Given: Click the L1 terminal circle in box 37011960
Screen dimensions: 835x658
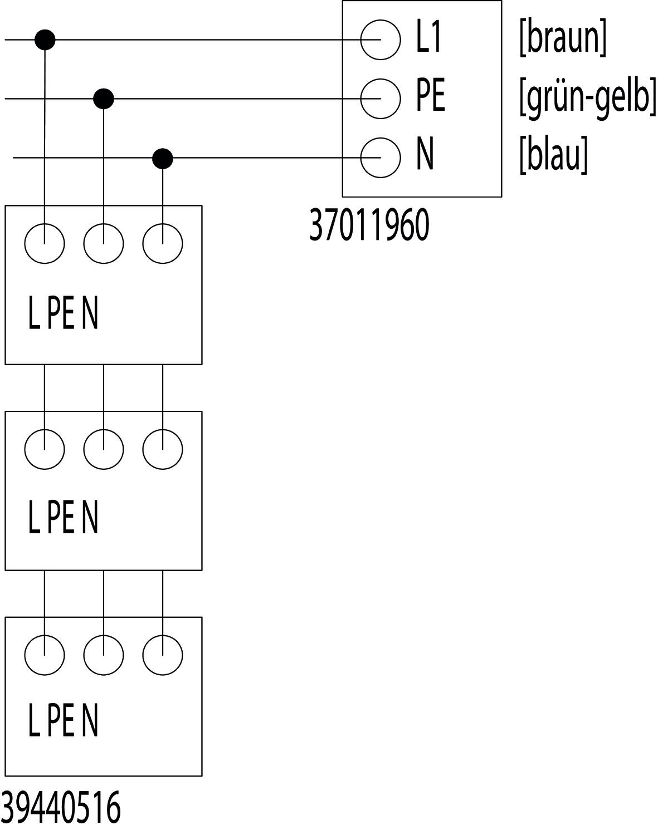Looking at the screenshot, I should (380, 40).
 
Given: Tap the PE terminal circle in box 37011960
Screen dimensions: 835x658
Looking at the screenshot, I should (380, 99).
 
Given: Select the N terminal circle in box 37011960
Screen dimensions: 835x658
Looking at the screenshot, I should (380, 158).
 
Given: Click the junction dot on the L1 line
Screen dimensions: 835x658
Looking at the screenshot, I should (45, 40).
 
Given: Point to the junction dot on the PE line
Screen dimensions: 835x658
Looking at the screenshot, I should (104, 99).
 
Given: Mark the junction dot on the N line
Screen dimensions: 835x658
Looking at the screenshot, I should (163, 159).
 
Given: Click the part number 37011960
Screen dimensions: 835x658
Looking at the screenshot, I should (369, 226).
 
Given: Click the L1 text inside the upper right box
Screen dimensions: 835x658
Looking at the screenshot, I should (429, 39).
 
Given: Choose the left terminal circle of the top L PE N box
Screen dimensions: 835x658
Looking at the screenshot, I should (45, 243).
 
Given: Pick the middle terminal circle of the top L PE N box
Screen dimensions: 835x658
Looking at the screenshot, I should (104, 243).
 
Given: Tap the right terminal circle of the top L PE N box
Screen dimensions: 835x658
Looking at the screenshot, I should (163, 243).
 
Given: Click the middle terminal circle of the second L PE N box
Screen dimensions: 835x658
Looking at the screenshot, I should (104, 449).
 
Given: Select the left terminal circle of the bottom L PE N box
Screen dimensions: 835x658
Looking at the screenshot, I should (45, 655).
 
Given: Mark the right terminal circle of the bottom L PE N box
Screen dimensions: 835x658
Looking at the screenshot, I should (163, 655).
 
